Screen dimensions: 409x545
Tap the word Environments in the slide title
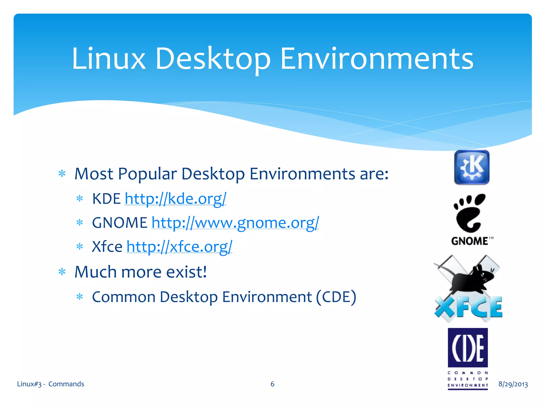377,59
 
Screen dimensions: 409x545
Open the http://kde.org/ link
175,199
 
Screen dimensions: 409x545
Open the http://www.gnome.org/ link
235,223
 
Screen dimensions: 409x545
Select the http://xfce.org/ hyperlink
179,247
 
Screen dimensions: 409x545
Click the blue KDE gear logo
472,167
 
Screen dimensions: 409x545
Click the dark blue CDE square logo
468,347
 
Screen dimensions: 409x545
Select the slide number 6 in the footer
272,384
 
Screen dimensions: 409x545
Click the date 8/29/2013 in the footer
513,384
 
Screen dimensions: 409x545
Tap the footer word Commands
66,384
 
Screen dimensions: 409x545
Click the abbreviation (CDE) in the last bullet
336,297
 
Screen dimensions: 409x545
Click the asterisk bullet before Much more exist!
62,272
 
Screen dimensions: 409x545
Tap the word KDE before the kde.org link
106,199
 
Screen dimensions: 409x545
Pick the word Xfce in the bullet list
107,247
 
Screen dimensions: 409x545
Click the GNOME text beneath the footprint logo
470,241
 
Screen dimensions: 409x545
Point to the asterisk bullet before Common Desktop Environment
80,297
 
